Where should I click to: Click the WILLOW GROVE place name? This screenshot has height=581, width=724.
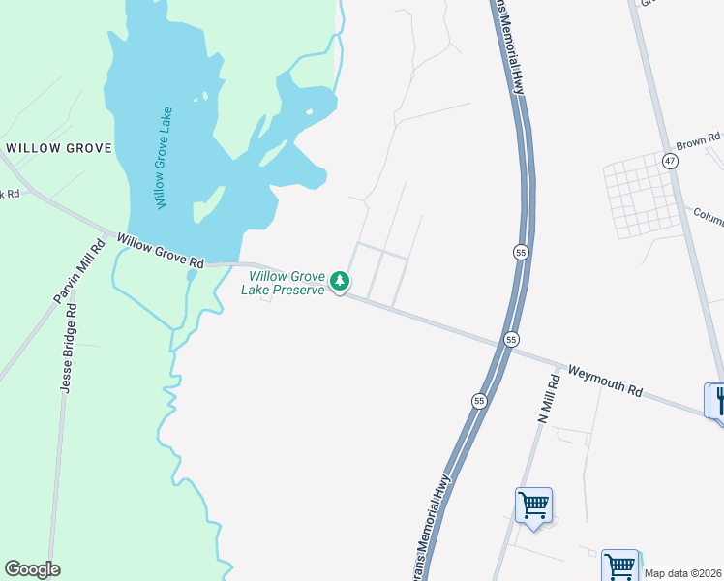(59, 148)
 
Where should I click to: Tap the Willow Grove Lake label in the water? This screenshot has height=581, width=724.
(162, 157)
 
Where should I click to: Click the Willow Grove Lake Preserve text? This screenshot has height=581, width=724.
(282, 283)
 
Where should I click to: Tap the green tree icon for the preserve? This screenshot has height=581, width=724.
(339, 281)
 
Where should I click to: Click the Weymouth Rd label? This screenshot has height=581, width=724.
(605, 380)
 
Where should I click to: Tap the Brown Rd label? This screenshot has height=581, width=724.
(698, 141)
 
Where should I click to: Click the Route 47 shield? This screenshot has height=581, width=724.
(670, 159)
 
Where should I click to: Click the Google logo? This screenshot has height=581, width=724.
(32, 569)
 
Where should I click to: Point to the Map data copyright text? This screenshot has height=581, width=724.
(683, 573)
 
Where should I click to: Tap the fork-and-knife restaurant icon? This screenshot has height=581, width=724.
(716, 399)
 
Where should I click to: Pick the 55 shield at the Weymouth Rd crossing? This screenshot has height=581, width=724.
(510, 339)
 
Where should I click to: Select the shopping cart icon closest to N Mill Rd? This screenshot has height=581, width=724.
(533, 505)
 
